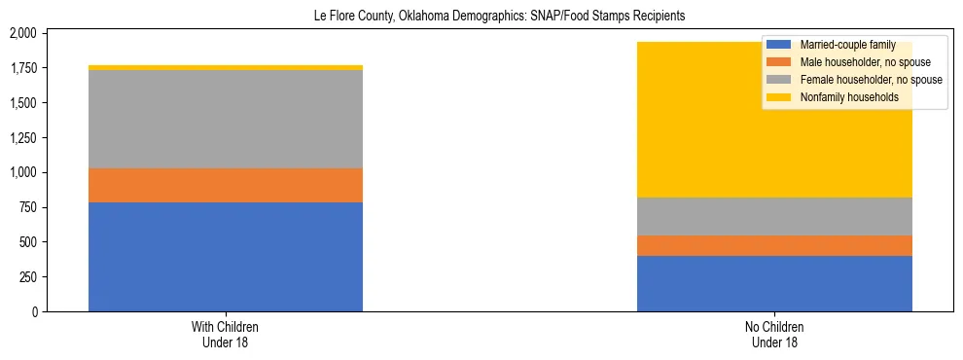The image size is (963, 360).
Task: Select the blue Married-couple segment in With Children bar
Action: click(226, 257)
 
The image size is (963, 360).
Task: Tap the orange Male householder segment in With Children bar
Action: click(226, 185)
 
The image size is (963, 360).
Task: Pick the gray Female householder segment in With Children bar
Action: click(226, 119)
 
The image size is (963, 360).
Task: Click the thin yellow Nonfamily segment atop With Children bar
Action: click(226, 67)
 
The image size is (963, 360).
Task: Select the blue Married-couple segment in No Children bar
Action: click(774, 283)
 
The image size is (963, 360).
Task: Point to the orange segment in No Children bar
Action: click(774, 245)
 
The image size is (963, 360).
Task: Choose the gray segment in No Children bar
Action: click(774, 216)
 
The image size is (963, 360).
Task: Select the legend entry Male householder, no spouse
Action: click(854, 62)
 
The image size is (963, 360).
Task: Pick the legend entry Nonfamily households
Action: click(840, 97)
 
